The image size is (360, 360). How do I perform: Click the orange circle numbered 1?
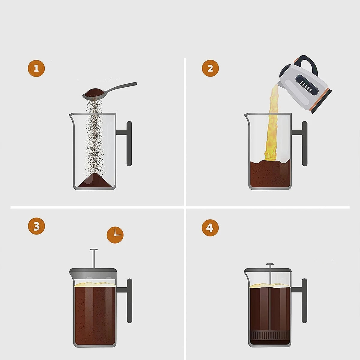pos(36,69)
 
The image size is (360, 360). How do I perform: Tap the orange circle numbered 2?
pos(210,68)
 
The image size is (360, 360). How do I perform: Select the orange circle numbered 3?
pos(36,226)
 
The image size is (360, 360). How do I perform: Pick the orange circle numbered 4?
pos(210,228)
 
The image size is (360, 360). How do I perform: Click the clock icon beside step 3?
pos(115,235)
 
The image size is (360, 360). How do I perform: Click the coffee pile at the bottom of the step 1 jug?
pos(94,181)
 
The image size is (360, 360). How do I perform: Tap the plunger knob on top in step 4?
pos(270,265)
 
